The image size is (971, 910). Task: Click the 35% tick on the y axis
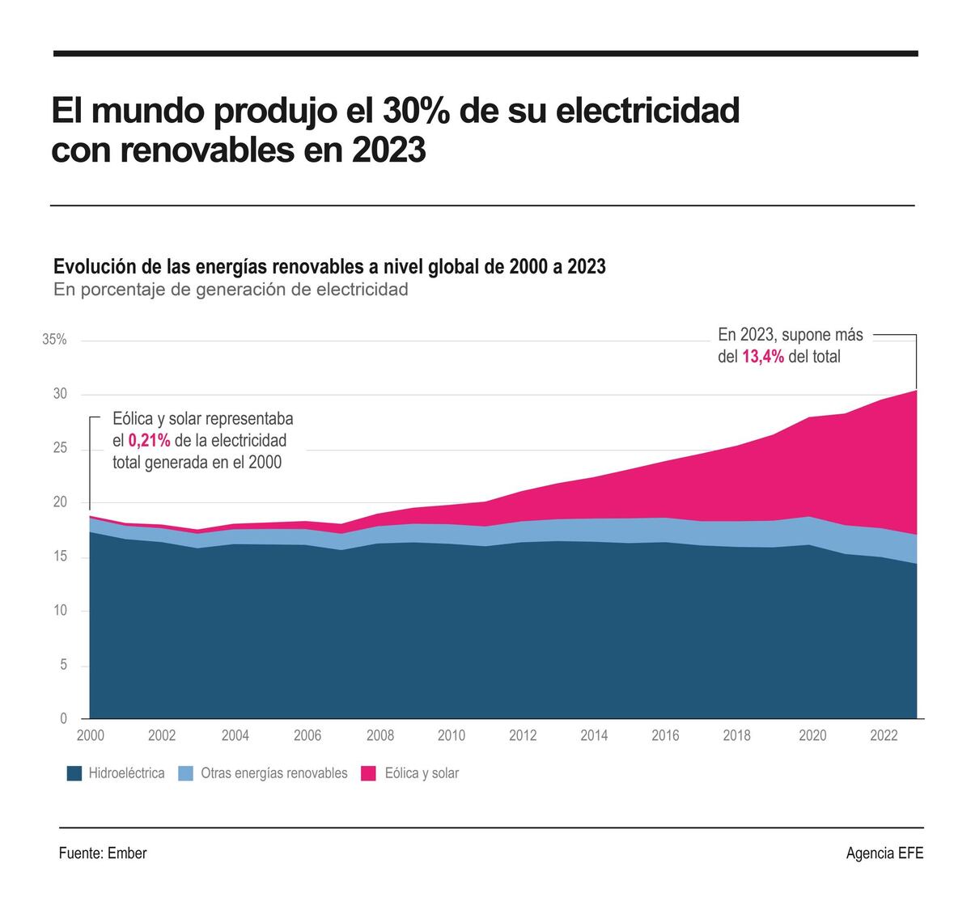(x=54, y=340)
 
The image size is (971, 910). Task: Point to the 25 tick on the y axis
(x=60, y=449)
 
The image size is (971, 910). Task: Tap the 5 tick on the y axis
(x=62, y=665)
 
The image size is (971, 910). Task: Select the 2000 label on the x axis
(x=90, y=735)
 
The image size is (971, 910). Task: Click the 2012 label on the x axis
(x=523, y=735)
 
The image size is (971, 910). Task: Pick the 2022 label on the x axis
(x=884, y=735)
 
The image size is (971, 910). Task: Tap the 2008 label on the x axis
(x=379, y=735)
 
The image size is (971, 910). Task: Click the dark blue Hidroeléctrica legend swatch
(x=74, y=774)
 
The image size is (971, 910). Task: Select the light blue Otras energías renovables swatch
(x=185, y=774)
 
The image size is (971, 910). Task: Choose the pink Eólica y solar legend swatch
(x=369, y=774)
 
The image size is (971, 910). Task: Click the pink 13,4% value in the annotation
(x=763, y=357)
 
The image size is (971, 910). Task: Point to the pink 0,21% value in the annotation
(x=149, y=441)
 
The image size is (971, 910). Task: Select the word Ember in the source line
(x=127, y=853)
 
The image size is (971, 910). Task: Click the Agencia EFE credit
(x=884, y=853)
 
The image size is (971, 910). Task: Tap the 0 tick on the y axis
(x=63, y=718)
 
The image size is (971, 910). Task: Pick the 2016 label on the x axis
(x=666, y=735)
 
